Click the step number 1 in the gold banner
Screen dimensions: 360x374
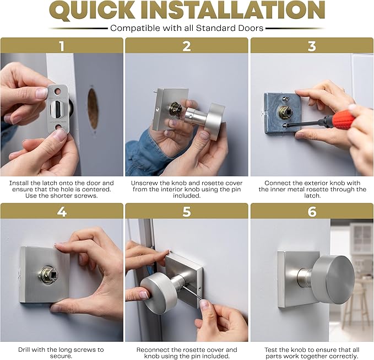coord(62,46)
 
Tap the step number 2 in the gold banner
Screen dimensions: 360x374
coord(187,46)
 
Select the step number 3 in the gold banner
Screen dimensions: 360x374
coord(312,46)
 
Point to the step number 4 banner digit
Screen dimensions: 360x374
coord(62,211)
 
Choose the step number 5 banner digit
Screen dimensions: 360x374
coord(187,211)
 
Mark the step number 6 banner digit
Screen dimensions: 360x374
coord(312,211)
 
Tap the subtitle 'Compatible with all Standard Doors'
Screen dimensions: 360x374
coord(187,28)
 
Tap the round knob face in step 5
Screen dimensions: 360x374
coord(158,294)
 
